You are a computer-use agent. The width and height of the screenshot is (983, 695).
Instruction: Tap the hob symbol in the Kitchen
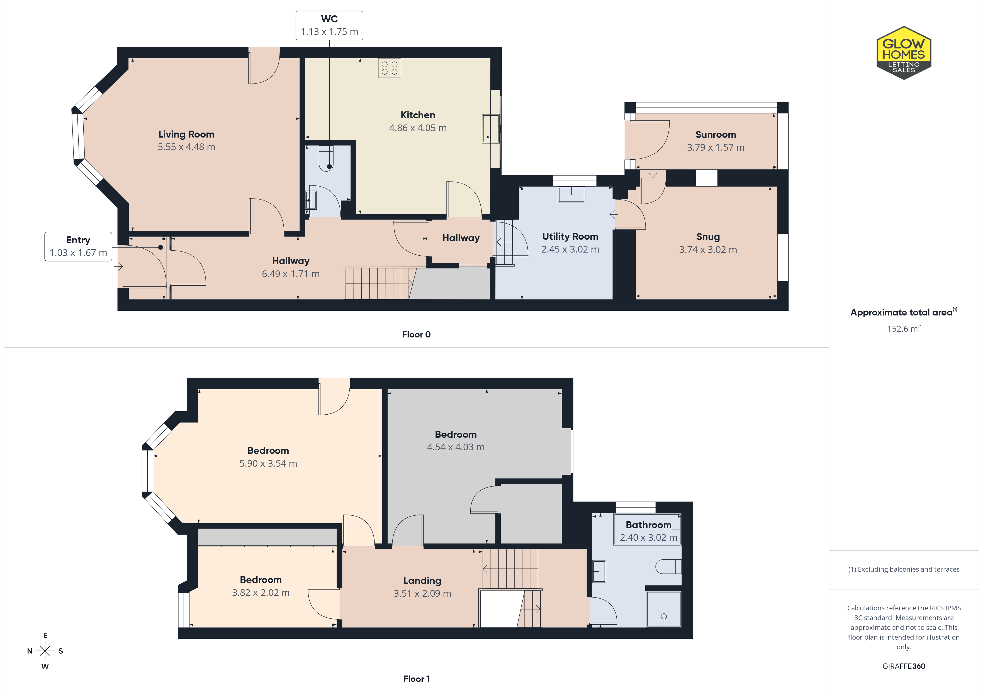click(x=389, y=68)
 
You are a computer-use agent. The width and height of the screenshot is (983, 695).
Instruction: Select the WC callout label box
click(x=329, y=26)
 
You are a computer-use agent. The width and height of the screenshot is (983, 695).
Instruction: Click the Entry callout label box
click(x=78, y=246)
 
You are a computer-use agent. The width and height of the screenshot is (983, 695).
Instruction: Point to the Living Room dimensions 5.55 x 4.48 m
click(x=186, y=147)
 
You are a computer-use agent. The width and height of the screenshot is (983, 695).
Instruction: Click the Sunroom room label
click(x=716, y=134)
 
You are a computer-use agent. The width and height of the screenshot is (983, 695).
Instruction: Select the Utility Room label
click(x=570, y=237)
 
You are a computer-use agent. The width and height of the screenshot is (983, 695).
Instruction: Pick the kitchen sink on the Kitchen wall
click(x=491, y=128)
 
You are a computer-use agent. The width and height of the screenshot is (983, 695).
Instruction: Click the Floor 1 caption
click(x=416, y=679)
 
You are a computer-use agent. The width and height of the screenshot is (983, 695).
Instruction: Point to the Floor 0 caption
click(x=416, y=334)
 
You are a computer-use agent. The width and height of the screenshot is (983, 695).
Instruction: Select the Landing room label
click(x=422, y=581)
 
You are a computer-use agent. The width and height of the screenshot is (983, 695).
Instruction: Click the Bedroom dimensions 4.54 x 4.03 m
click(x=456, y=447)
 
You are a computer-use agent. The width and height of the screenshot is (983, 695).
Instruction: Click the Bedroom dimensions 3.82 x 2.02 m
click(x=261, y=593)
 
